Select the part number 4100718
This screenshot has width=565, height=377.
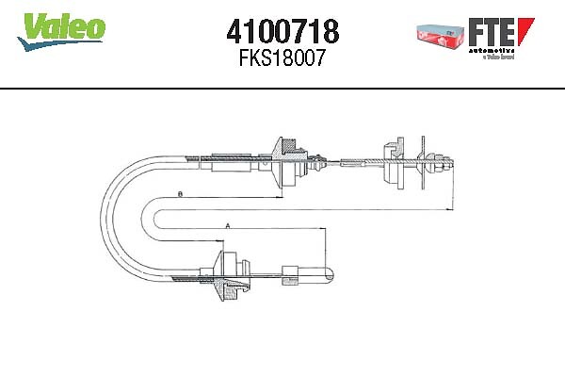(282, 30)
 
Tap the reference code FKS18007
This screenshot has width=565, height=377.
(282, 58)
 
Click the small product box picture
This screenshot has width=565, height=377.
(442, 34)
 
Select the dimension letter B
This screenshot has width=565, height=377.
(179, 195)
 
